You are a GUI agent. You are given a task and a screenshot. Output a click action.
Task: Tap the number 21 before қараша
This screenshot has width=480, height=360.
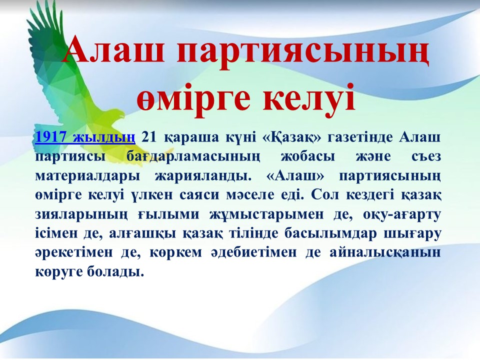[x=149, y=137]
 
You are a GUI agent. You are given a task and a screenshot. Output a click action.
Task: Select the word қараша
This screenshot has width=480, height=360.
[x=191, y=138]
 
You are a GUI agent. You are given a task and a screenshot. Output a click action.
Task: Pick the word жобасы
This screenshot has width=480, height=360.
[x=307, y=156]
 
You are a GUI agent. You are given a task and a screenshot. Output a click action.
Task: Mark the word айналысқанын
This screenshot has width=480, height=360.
[x=385, y=253]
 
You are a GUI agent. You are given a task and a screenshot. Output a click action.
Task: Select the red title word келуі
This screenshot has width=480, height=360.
[x=309, y=97]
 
